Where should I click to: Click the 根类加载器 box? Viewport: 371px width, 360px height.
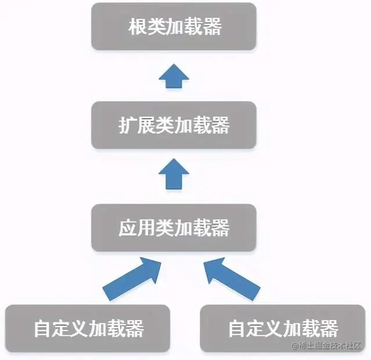coord(174,26)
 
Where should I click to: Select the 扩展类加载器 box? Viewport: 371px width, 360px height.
coord(174,125)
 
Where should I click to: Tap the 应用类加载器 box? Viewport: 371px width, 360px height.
coord(174,227)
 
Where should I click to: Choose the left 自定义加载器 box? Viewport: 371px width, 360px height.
coord(88,328)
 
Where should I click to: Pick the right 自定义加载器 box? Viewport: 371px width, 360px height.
coord(282,328)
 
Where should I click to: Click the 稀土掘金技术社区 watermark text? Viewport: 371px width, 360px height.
coord(329,347)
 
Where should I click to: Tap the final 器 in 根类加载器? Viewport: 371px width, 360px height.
coord(211,27)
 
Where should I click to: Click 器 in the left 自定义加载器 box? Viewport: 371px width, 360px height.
coord(132,329)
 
